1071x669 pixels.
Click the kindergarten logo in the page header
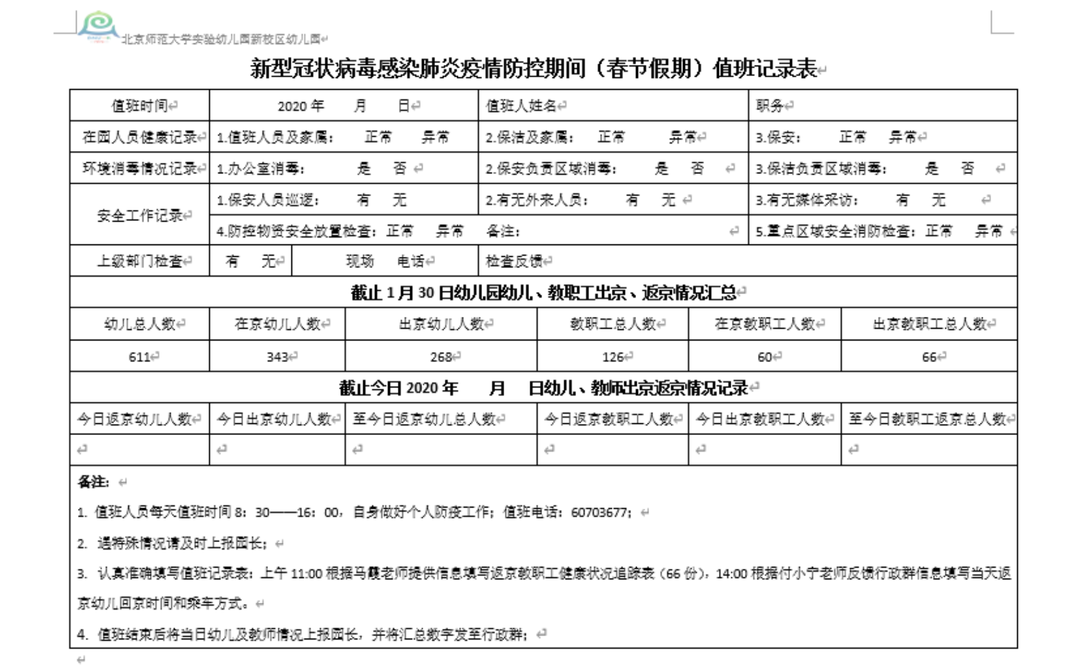coord(98,26)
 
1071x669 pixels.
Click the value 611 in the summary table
coord(140,356)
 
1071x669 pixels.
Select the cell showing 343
coord(277,356)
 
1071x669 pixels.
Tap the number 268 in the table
coord(441,356)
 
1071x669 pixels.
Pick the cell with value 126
coord(613,356)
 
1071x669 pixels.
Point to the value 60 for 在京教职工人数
coord(765,356)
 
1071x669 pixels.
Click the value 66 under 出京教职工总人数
coord(929,356)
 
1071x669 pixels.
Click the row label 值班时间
coord(139,106)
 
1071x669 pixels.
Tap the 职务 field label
coord(770,106)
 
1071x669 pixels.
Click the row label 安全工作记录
coord(139,215)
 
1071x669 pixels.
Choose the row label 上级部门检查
coord(139,261)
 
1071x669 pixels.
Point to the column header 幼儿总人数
coord(140,324)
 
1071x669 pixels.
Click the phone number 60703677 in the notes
coord(598,512)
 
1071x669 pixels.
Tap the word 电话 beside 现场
coord(411,261)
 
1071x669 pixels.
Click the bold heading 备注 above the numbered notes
coord(93,481)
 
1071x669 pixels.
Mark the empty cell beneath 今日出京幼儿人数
coord(277,450)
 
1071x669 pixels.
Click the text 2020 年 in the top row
coord(301,106)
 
